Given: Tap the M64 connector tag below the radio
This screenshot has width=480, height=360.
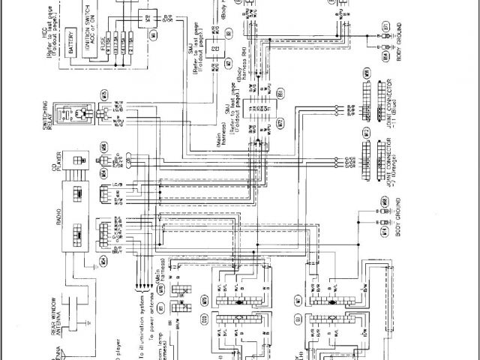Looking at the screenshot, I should pyautogui.click(x=104, y=260).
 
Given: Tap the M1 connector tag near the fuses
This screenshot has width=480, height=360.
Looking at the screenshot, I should pyautogui.click(x=154, y=34).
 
